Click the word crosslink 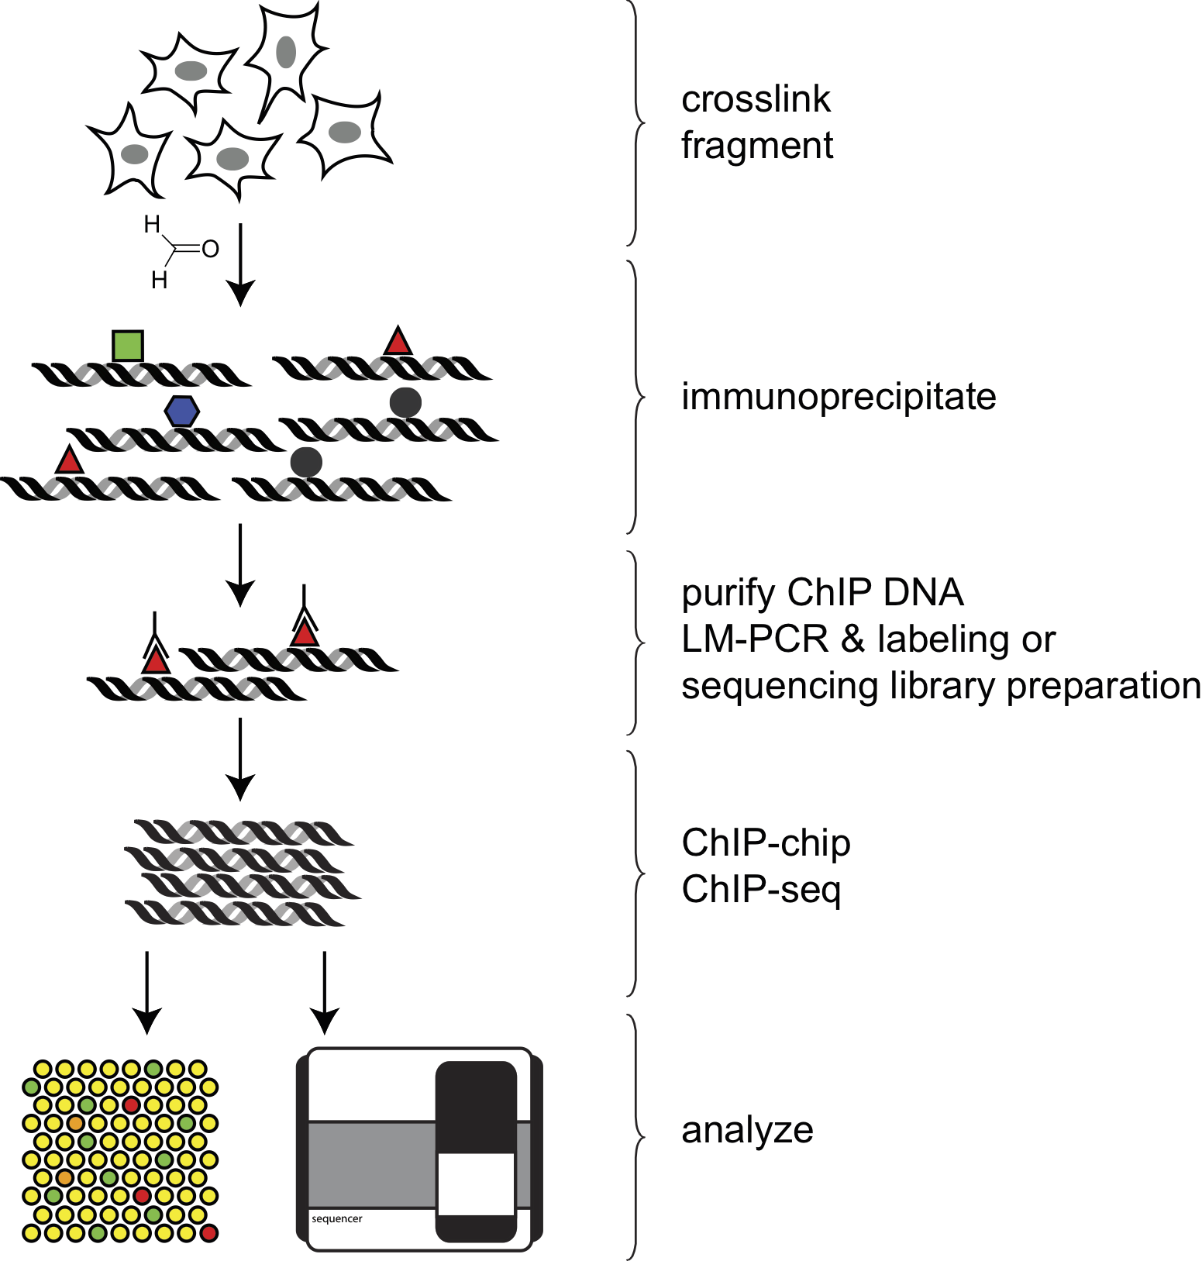pyautogui.click(x=756, y=100)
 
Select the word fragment pyautogui.click(x=757, y=146)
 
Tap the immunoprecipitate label pyautogui.click(x=839, y=397)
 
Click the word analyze pyautogui.click(x=747, y=1131)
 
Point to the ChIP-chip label pyautogui.click(x=766, y=843)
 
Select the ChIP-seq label pyautogui.click(x=761, y=890)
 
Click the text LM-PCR pyautogui.click(x=755, y=640)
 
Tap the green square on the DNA pyautogui.click(x=128, y=346)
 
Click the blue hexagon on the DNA pyautogui.click(x=182, y=411)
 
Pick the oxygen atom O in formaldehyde pyautogui.click(x=210, y=250)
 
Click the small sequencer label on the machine pyautogui.click(x=337, y=1219)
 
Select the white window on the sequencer pyautogui.click(x=476, y=1183)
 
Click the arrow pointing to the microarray pyautogui.click(x=147, y=992)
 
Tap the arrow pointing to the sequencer pyautogui.click(x=325, y=992)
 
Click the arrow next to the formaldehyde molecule pyautogui.click(x=241, y=264)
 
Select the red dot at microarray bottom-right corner pyautogui.click(x=208, y=1232)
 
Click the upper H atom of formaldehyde pyautogui.click(x=152, y=225)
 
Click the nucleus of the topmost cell pyautogui.click(x=286, y=52)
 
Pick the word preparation pyautogui.click(x=1104, y=687)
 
